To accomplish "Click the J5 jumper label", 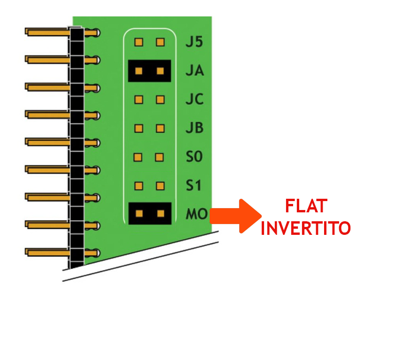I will point(194,42).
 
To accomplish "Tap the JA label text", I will point(195,71).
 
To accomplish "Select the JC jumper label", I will point(195,100).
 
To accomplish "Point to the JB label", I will point(195,128).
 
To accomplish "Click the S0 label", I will point(194,157).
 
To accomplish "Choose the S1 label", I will point(193,186).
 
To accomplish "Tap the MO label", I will point(196,215).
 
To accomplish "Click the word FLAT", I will point(306,207).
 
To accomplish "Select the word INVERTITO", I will point(306,228).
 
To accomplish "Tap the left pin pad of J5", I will point(138,42).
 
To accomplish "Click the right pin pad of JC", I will point(161,100).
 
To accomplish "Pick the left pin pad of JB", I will point(138,128).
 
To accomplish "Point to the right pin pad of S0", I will point(161,157).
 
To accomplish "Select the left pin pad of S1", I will point(138,186).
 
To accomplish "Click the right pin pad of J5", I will point(161,42).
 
